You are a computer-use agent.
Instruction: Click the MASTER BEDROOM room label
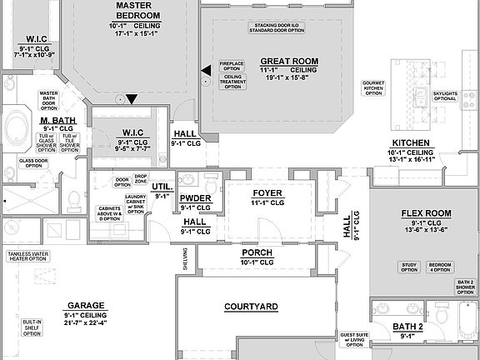tap(138, 10)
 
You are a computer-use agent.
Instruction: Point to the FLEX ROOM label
tap(426, 213)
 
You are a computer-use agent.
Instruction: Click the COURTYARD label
tap(251, 307)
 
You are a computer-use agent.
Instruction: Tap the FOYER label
tap(267, 192)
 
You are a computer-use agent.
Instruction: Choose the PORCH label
tap(257, 252)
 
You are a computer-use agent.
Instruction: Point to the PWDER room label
tap(195, 197)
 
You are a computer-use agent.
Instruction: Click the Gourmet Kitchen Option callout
tap(373, 87)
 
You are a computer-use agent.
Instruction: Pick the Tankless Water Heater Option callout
tap(27, 256)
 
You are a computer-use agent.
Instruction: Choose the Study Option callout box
tap(409, 267)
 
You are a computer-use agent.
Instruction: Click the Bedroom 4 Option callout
tap(440, 267)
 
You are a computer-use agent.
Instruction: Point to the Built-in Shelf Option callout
tap(32, 327)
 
